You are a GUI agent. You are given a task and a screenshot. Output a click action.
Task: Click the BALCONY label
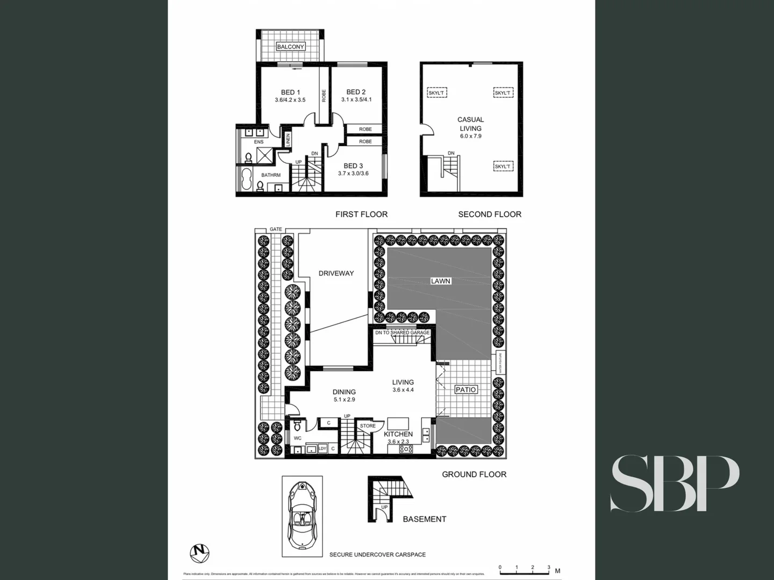click(x=290, y=47)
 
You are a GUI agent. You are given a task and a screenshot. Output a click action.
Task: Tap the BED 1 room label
click(x=290, y=92)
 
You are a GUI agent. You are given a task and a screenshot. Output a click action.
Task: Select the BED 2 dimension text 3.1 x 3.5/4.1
click(x=356, y=100)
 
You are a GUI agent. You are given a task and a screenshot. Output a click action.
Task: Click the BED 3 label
click(x=353, y=166)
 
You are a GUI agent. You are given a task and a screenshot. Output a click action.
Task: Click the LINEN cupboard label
click(x=288, y=140)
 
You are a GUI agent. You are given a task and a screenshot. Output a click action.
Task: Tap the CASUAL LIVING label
click(x=470, y=124)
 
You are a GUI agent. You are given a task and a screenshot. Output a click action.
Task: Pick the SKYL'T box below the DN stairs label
click(x=503, y=166)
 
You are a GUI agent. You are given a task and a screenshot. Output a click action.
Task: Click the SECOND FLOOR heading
click(x=489, y=214)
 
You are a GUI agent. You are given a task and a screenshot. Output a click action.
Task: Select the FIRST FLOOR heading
click(x=361, y=214)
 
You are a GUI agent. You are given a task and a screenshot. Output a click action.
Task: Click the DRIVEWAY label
click(x=336, y=273)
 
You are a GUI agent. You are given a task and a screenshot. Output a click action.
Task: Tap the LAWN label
click(x=440, y=281)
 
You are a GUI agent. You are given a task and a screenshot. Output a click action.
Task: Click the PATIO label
click(x=465, y=389)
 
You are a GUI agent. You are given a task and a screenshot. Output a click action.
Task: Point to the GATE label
click(x=276, y=229)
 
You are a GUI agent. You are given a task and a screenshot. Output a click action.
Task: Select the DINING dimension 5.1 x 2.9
click(x=344, y=400)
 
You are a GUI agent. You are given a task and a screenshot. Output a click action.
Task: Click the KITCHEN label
click(x=398, y=434)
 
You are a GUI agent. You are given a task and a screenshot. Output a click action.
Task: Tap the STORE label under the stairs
click(x=368, y=426)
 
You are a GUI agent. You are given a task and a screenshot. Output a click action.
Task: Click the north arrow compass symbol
click(x=200, y=553)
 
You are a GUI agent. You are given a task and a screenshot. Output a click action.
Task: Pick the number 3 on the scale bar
click(x=549, y=568)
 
